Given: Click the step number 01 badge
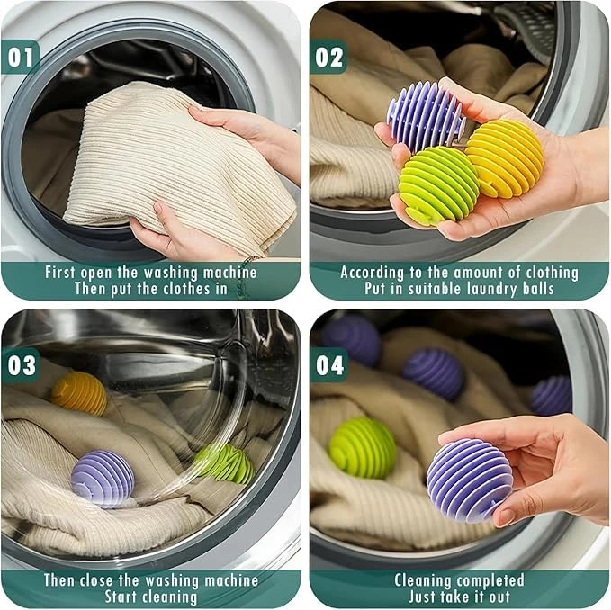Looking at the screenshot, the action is pos(20,57).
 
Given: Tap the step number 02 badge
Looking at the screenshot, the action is pos(328,57).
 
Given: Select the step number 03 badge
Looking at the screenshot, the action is pos(21,365).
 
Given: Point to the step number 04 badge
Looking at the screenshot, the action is pos(329,365).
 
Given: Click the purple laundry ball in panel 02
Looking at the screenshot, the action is pos(426,117).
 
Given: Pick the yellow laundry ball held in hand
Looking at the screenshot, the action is pos(506,157).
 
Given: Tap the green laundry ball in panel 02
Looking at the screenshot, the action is pos(437,184).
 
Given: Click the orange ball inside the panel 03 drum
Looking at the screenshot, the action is pos(79,392).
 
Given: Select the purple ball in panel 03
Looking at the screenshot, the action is pos(103,479).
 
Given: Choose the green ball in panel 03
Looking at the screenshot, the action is pos(224,463).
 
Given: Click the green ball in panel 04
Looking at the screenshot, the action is pos(363,448).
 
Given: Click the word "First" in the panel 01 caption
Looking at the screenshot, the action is pos(59,272).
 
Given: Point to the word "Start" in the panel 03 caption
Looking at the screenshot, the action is pos(121,597).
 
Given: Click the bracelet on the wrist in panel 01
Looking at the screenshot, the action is pos(252,258).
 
